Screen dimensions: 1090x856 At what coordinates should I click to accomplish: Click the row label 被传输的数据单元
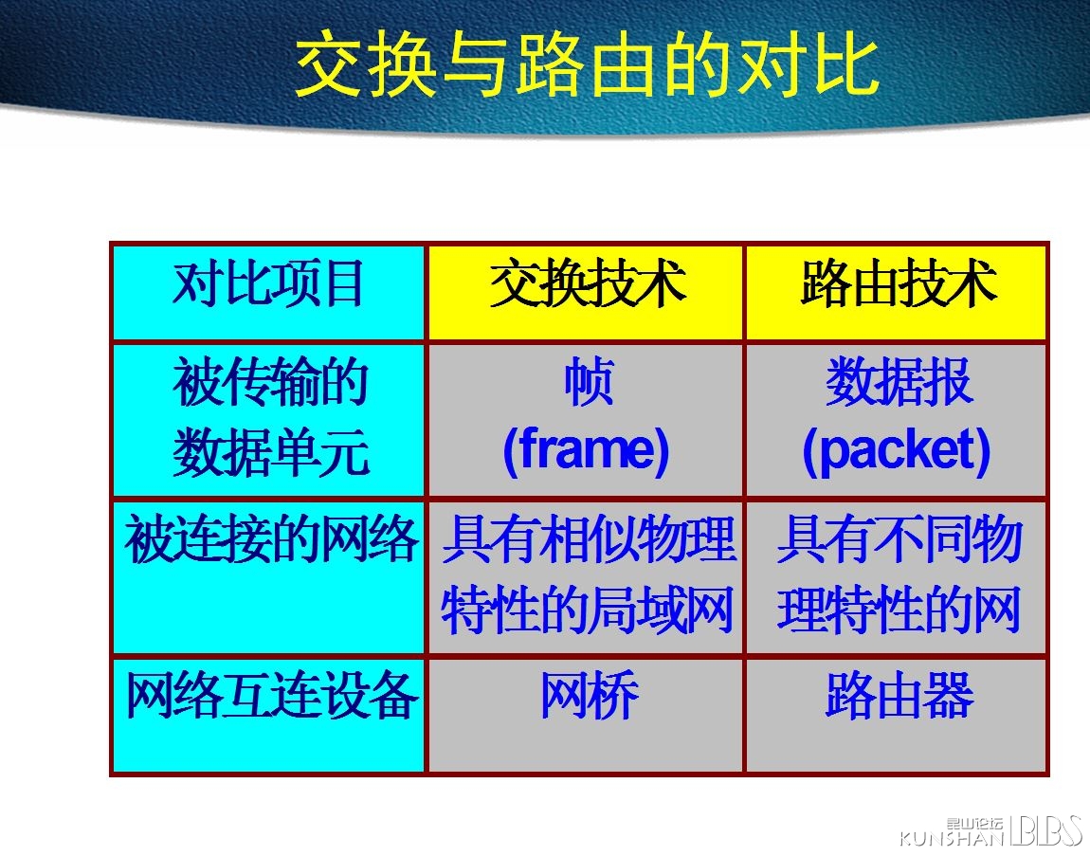270,417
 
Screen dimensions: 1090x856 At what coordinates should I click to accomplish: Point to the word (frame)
586,450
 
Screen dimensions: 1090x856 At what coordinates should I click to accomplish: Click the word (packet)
897,450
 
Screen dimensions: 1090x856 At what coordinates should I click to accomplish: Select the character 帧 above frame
589,382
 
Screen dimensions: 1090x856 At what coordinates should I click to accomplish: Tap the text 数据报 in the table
899,382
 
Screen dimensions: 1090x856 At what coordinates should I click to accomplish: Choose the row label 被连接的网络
271,539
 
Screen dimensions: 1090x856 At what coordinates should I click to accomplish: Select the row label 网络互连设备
271,696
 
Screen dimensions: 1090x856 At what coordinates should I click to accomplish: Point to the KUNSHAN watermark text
952,838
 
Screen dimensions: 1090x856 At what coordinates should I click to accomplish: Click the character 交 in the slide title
331,66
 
